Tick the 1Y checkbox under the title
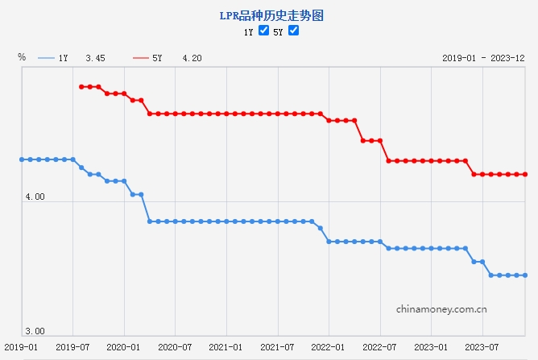(x=263, y=31)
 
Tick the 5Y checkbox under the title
(x=293, y=31)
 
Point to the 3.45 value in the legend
(x=95, y=58)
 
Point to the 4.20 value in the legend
(x=192, y=58)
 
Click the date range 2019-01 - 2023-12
(x=483, y=58)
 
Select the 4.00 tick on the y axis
(x=35, y=197)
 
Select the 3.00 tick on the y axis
(x=35, y=331)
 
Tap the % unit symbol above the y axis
(x=22, y=57)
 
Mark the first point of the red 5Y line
(x=81, y=87)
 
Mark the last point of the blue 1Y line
(x=525, y=275)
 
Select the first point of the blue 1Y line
(x=22, y=159)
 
